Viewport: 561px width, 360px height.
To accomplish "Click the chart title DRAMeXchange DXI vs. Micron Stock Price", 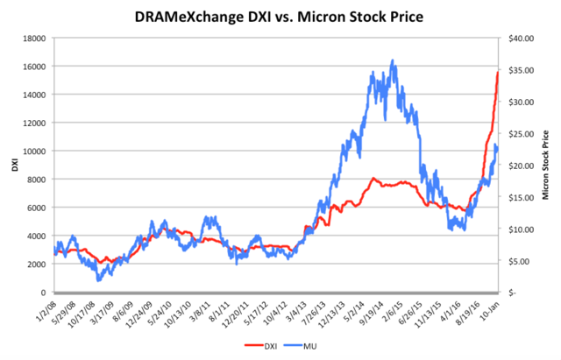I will click(280, 17).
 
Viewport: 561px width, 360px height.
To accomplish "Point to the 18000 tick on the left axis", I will click(36, 38).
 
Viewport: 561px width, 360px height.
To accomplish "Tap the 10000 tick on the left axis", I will click(36, 151).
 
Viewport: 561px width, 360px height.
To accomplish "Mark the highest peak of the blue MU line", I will click(393, 60).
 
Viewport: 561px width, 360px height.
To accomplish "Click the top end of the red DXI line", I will click(498, 72).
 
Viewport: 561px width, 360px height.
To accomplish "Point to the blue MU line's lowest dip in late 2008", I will click(99, 280).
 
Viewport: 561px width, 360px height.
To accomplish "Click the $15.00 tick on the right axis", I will click(516, 197).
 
